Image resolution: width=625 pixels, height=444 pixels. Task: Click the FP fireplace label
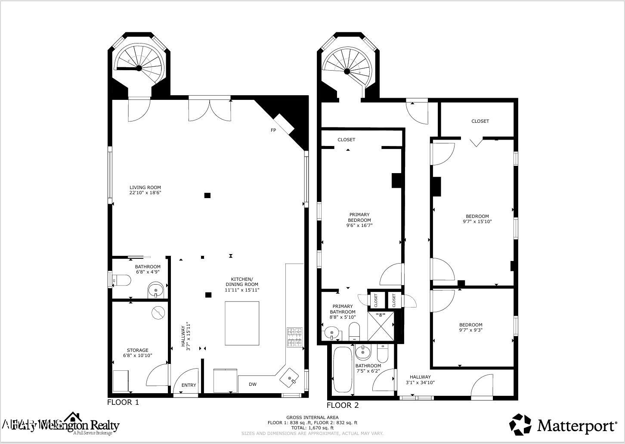(x=273, y=130)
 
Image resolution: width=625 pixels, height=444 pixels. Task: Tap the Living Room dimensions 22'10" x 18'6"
(x=145, y=193)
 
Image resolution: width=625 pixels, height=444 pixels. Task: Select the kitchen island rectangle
(x=242, y=323)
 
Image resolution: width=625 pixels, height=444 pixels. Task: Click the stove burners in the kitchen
(x=294, y=337)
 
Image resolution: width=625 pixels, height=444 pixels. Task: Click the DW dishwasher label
(x=253, y=384)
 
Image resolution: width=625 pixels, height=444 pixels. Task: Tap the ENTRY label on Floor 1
(x=189, y=385)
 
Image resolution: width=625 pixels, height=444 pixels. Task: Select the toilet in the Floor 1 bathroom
(x=121, y=280)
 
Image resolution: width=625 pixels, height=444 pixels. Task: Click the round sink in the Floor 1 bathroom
(x=155, y=290)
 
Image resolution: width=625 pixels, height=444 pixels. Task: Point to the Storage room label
(x=137, y=350)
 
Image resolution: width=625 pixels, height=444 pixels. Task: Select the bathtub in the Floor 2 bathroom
(x=343, y=369)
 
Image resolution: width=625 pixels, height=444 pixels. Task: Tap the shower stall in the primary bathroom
(x=381, y=326)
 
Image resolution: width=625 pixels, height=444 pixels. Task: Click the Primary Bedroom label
(x=359, y=217)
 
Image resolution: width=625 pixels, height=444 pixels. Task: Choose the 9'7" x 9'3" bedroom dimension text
(x=470, y=330)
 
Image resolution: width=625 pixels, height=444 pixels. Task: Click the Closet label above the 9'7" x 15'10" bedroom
(x=480, y=121)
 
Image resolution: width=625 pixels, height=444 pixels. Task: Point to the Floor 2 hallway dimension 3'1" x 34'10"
(x=420, y=382)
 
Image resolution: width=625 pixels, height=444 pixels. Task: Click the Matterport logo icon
(x=520, y=425)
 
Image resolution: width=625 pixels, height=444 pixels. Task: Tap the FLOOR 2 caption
(x=343, y=405)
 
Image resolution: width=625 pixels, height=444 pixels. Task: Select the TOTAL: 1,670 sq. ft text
(x=312, y=428)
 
